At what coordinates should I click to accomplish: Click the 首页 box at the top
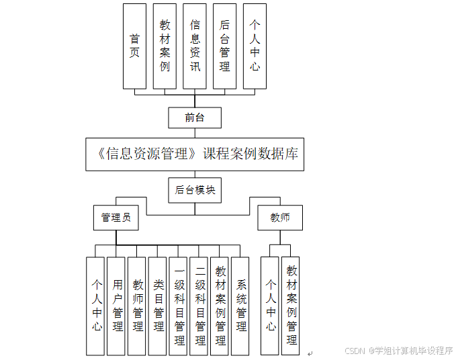click(x=134, y=46)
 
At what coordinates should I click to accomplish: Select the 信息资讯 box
click(x=195, y=46)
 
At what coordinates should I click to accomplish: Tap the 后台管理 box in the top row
click(x=225, y=46)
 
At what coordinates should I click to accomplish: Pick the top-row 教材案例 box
click(x=165, y=46)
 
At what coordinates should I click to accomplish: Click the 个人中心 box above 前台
click(x=255, y=46)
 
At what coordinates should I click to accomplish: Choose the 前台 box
click(x=195, y=118)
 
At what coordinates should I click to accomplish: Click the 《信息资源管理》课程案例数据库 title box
click(x=195, y=154)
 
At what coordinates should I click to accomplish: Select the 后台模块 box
click(x=195, y=190)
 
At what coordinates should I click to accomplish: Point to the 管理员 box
click(x=116, y=218)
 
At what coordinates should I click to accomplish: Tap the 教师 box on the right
click(x=280, y=218)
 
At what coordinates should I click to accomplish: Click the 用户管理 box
click(x=118, y=306)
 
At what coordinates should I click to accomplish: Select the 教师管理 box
click(x=138, y=306)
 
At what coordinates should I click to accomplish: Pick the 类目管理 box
click(x=158, y=306)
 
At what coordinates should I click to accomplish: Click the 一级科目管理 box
click(x=179, y=306)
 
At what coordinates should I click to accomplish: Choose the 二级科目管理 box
click(x=199, y=306)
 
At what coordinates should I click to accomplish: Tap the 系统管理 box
click(x=241, y=306)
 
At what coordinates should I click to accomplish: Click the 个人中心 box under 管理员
click(x=97, y=306)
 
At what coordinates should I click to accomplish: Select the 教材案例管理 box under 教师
click(x=291, y=306)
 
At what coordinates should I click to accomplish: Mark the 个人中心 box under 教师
click(x=271, y=306)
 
